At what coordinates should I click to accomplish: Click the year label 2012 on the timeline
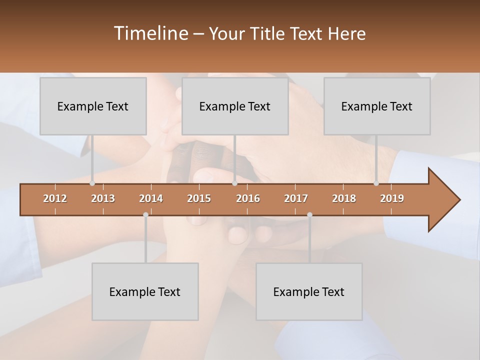click(x=55, y=198)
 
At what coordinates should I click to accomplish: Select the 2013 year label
click(x=103, y=198)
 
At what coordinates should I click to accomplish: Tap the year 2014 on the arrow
click(x=151, y=198)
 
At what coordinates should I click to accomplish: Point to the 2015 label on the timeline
click(x=199, y=198)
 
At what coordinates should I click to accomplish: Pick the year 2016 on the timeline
click(x=248, y=198)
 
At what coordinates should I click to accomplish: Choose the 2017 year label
click(x=296, y=198)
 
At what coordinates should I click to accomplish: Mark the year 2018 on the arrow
click(x=344, y=198)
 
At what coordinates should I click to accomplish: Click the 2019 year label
click(x=392, y=198)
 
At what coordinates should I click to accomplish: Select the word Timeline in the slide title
click(x=150, y=33)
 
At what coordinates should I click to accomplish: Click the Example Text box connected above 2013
click(x=93, y=106)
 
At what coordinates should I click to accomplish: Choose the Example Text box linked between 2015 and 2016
click(x=235, y=106)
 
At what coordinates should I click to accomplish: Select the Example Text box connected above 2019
click(x=377, y=106)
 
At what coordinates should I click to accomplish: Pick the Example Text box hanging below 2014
click(x=145, y=291)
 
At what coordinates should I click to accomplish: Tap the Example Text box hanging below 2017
click(x=309, y=291)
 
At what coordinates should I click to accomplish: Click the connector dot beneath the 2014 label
click(x=145, y=214)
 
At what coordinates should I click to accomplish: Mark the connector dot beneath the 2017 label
click(x=309, y=214)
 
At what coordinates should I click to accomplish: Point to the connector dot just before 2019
click(x=376, y=183)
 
